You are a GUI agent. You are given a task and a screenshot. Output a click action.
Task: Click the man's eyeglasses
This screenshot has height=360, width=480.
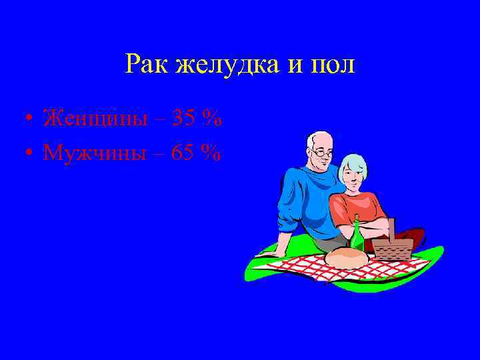point(323,153)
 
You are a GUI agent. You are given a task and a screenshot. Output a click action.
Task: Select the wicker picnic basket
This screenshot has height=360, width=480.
point(392,247)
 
